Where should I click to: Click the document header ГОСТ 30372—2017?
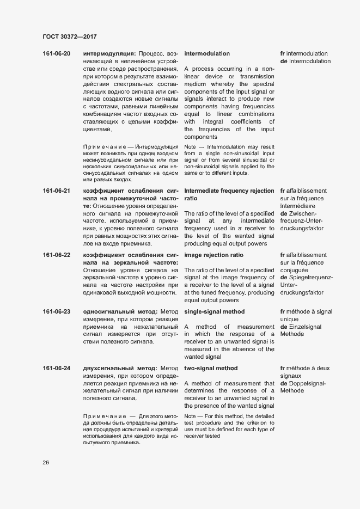pyautogui.click(x=70, y=36)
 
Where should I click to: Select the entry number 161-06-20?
pyautogui.click(x=57, y=54)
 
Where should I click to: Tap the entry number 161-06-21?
pyautogui.click(x=57, y=191)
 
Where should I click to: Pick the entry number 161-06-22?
pyautogui.click(x=57, y=255)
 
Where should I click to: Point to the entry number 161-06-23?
pyautogui.click(x=57, y=311)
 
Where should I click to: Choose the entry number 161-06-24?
pyautogui.click(x=57, y=369)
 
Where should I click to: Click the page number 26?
pyautogui.click(x=46, y=463)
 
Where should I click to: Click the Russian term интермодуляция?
pyautogui.click(x=109, y=54)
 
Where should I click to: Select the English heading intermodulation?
pyautogui.click(x=207, y=54)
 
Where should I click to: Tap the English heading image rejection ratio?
pyautogui.click(x=214, y=255)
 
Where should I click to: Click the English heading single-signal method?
pyautogui.click(x=215, y=311)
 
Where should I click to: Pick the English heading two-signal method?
pyautogui.click(x=211, y=369)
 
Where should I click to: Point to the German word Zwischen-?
pyautogui.click(x=302, y=214)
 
